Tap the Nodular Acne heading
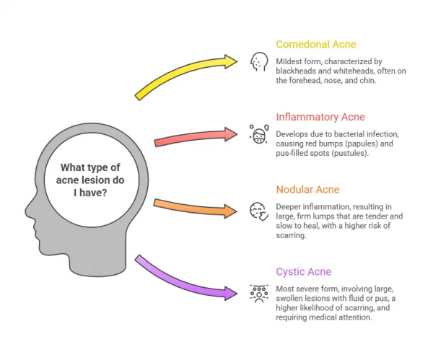tap(307, 190)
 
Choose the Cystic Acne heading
tap(304, 272)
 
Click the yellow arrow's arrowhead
tap(232, 61)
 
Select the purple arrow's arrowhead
tap(232, 293)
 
